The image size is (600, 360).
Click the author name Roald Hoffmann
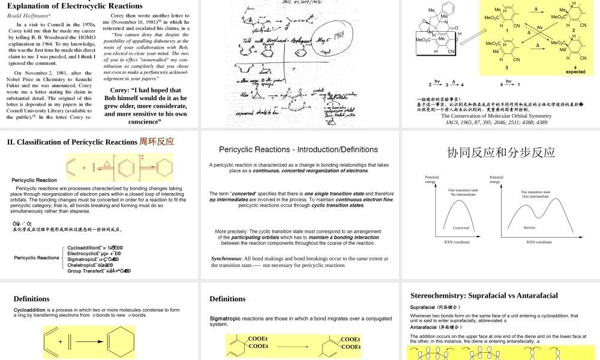coord(27,16)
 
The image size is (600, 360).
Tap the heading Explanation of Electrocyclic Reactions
coord(74,6)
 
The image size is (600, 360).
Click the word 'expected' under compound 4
coord(575,72)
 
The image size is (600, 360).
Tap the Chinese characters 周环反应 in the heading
coord(157,142)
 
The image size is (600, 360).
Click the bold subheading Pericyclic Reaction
coord(34,180)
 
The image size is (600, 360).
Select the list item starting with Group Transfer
coord(99,271)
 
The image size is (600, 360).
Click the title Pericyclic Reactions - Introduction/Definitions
coord(298,149)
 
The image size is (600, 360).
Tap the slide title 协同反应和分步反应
coord(500,152)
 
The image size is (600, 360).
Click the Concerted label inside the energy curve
coord(460,228)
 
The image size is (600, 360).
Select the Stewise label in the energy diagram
coord(529,227)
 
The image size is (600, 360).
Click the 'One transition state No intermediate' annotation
coord(463,192)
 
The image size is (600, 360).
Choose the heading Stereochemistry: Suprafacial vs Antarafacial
coord(484,296)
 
